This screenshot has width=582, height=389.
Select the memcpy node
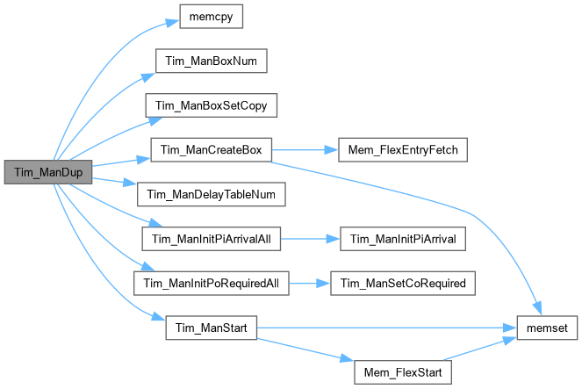click(x=212, y=17)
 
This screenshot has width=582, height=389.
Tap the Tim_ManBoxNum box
click(x=211, y=61)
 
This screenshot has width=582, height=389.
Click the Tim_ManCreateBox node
click(x=212, y=150)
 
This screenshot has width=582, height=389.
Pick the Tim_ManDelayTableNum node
click(x=215, y=194)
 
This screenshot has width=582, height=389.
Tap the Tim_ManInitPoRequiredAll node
click(x=211, y=283)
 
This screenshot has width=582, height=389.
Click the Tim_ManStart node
click(x=211, y=328)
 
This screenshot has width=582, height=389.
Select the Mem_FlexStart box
click(x=403, y=371)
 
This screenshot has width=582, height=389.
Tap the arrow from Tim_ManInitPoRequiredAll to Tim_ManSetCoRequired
click(x=309, y=283)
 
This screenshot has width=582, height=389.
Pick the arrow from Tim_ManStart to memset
click(x=386, y=328)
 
